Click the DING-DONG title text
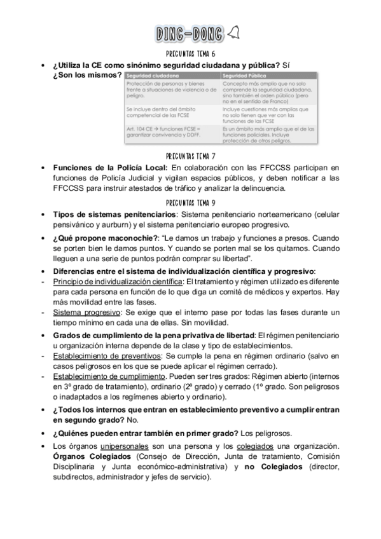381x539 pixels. pyautogui.click(x=190, y=33)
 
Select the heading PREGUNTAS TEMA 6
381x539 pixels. pyautogui.click(x=190, y=54)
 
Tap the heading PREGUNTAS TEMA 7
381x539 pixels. pyautogui.click(x=190, y=155)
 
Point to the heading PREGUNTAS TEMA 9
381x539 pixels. pyautogui.click(x=190, y=202)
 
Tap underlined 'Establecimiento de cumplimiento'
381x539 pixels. pyautogui.click(x=109, y=377)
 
